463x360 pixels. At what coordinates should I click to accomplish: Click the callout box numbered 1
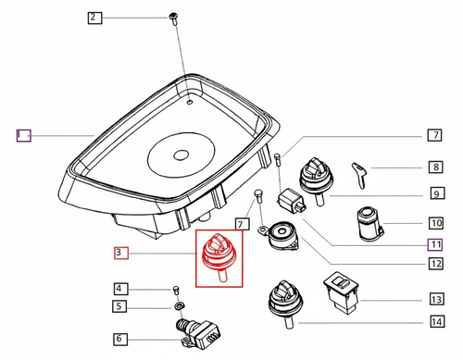pyautogui.click(x=23, y=135)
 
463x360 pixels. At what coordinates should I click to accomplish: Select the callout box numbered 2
pyautogui.click(x=95, y=18)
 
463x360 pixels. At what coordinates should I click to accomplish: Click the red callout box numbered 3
pyautogui.click(x=121, y=252)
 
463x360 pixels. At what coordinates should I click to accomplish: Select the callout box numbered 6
pyautogui.click(x=122, y=340)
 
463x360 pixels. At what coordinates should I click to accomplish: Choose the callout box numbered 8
pyautogui.click(x=434, y=168)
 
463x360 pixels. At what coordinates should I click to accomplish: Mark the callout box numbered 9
pyautogui.click(x=434, y=195)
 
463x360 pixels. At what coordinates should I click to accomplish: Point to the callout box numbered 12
pyautogui.click(x=434, y=264)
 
